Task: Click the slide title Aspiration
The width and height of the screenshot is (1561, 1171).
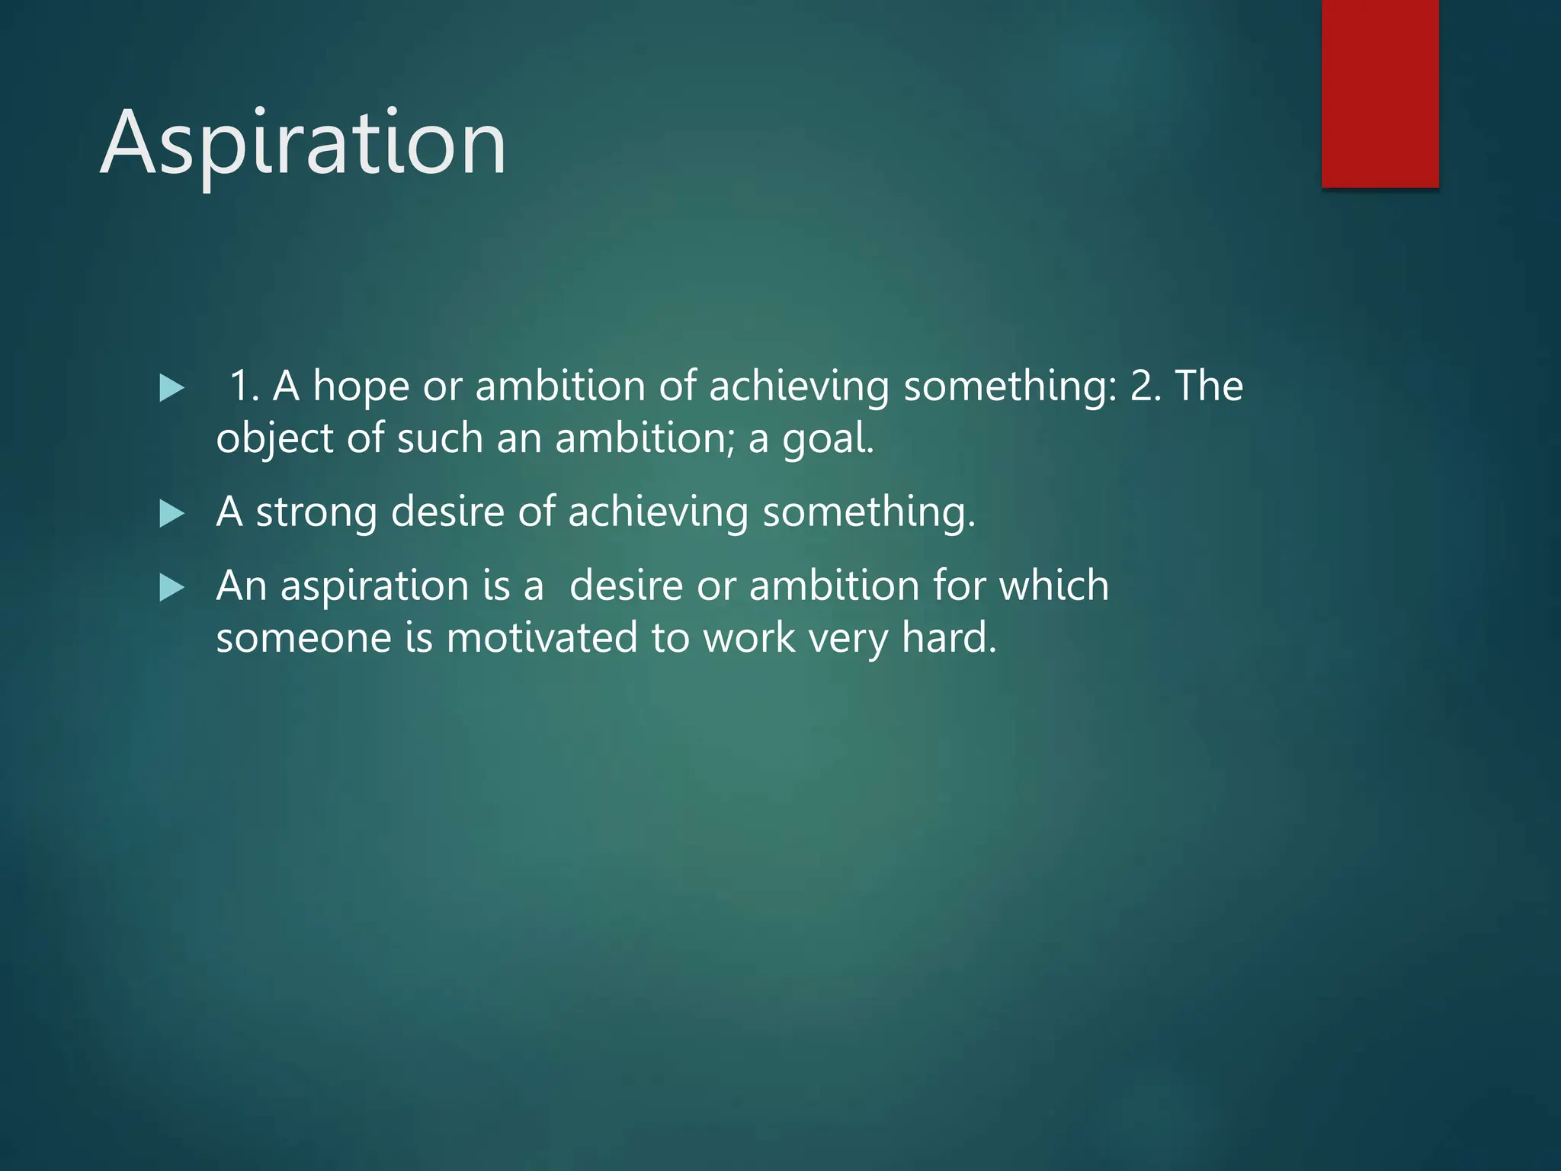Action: coord(303,143)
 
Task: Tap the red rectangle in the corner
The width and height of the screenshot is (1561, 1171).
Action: coord(1380,93)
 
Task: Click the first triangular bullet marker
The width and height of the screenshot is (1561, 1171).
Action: coord(172,389)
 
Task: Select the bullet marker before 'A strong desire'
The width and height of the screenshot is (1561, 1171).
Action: coord(172,515)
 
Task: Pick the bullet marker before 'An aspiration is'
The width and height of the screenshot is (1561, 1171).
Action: coord(172,589)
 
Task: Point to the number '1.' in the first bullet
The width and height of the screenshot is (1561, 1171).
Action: coord(244,387)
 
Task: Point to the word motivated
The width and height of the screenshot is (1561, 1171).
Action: coord(541,637)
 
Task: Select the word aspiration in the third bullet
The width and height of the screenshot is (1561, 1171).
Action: coord(373,587)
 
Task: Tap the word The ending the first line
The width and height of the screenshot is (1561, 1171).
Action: coord(1209,387)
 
